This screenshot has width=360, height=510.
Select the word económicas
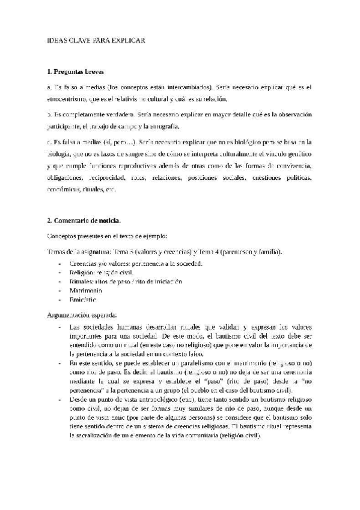(x=63, y=189)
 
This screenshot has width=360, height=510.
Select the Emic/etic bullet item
(x=82, y=299)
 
